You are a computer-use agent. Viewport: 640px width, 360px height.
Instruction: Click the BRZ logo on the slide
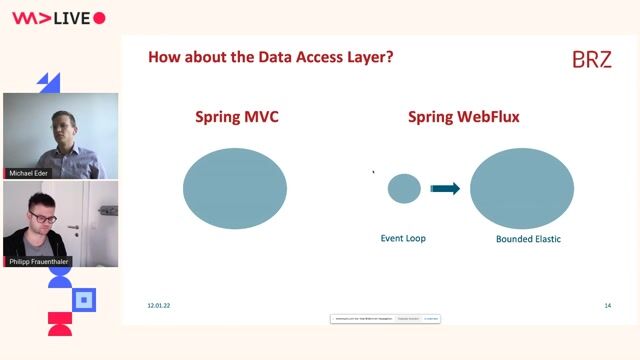coord(592,60)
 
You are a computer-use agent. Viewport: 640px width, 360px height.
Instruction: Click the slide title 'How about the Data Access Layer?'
coord(270,57)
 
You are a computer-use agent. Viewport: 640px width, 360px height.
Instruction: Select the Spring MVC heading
coord(236,117)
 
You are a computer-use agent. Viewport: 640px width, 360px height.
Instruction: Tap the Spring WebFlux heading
coord(463,117)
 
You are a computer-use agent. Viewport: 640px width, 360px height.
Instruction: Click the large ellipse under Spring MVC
coord(235,188)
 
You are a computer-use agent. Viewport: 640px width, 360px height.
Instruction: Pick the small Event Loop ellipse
coord(404,188)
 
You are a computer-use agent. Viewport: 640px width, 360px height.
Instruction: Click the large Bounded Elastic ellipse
coord(521,188)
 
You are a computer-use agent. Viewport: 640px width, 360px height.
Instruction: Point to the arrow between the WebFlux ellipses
coord(445,188)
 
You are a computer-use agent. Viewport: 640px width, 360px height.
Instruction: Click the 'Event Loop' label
coord(403,238)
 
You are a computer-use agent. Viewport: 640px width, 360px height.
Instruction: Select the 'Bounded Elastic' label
coord(528,239)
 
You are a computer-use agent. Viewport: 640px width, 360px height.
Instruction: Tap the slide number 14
coord(607,305)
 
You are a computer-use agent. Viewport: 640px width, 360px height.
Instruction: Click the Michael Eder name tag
coord(28,173)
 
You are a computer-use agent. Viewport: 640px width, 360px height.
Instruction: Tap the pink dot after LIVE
coord(99,18)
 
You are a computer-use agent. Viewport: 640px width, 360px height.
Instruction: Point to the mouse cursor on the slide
coord(374,172)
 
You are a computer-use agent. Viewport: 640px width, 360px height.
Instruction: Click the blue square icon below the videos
coord(85,299)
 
